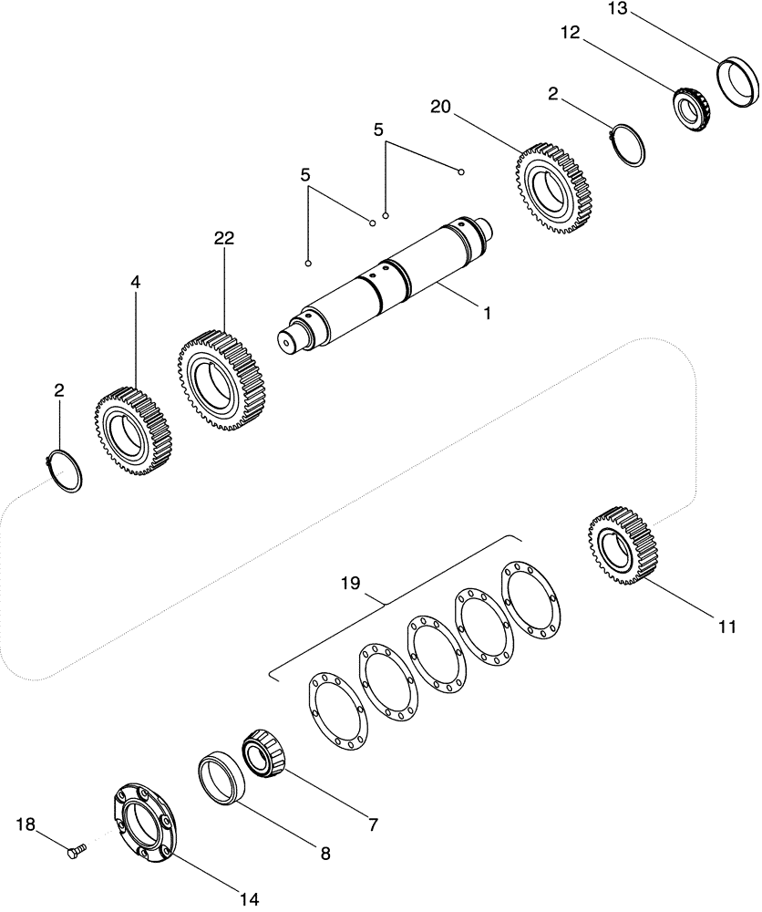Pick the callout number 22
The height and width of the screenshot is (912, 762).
tap(223, 238)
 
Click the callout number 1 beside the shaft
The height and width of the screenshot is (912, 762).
tap(488, 313)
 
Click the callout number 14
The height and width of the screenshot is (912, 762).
tap(248, 900)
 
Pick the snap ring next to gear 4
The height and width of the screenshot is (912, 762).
tap(65, 470)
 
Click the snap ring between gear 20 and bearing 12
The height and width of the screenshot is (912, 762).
tap(627, 143)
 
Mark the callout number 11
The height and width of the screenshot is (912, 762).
tap(726, 627)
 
